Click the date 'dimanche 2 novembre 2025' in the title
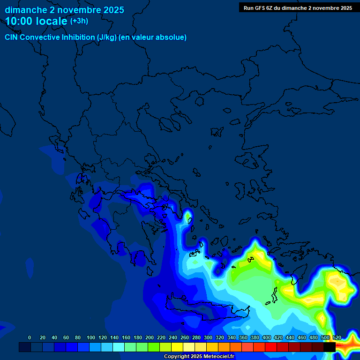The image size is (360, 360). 64,10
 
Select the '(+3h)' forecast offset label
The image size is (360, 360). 79,21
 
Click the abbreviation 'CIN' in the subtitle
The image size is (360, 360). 12,37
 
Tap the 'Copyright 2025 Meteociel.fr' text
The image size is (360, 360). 199,357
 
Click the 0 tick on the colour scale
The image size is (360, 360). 30,337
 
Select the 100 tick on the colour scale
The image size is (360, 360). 91,337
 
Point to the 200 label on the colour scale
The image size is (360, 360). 150,337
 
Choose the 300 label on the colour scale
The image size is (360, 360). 208,337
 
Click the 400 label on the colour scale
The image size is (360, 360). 267,337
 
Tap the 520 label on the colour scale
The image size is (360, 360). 337,337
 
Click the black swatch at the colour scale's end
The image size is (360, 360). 330,347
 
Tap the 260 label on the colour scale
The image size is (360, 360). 185,337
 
